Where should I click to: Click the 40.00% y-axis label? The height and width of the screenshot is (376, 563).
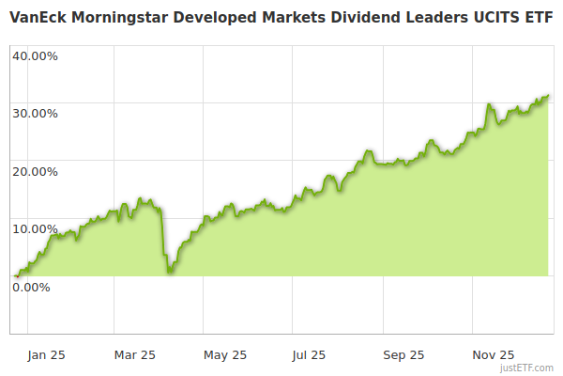pyautogui.click(x=35, y=55)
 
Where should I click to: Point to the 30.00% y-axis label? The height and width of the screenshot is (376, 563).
pyautogui.click(x=35, y=113)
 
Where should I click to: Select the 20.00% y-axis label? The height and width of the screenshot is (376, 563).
pyautogui.click(x=35, y=171)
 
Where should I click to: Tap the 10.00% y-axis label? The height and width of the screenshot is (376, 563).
pyautogui.click(x=35, y=228)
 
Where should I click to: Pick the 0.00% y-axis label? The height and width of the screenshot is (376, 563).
pyautogui.click(x=31, y=287)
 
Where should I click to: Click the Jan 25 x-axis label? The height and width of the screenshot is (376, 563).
pyautogui.click(x=46, y=355)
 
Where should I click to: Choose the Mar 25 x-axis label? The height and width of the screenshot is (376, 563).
pyautogui.click(x=134, y=355)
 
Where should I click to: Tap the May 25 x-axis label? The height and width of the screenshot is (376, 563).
pyautogui.click(x=225, y=355)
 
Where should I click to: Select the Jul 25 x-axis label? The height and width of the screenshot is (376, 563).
pyautogui.click(x=309, y=355)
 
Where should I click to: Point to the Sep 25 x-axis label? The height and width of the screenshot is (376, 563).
pyautogui.click(x=404, y=355)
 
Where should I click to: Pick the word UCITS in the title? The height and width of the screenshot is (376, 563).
pyautogui.click(x=488, y=17)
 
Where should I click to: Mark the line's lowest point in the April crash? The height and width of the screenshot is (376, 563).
pyautogui.click(x=169, y=273)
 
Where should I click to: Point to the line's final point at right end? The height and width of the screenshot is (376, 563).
pyautogui.click(x=549, y=95)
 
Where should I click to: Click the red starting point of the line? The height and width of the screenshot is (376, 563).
pyautogui.click(x=16, y=275)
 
